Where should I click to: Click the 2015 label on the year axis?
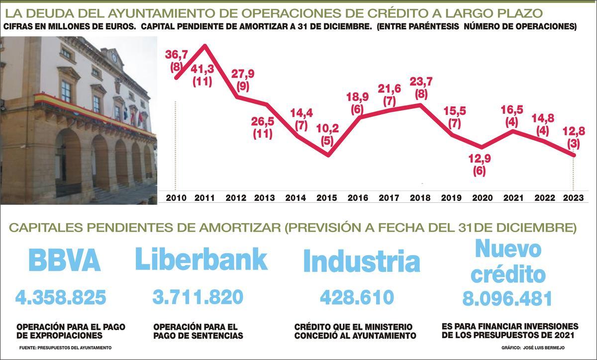pos(326,197)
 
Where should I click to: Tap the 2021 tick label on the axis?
pos(512,197)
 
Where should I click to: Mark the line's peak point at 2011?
pos(205,46)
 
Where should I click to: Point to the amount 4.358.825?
pos(61,298)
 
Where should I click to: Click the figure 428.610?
pos(357,298)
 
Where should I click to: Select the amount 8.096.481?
pos(507,299)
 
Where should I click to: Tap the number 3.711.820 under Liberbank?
pos(198,297)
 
